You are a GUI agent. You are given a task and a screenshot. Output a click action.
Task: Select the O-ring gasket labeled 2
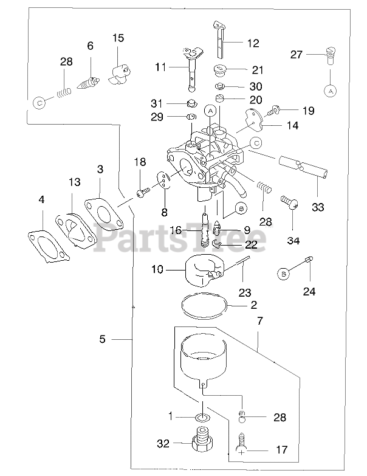point(205,305)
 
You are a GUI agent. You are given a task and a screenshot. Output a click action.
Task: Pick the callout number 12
point(253,44)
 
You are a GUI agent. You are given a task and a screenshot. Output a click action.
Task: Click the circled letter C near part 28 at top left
point(39,103)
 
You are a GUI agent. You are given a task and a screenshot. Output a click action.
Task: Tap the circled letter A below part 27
point(331,91)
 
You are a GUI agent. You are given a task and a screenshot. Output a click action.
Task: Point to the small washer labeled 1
point(202,418)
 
